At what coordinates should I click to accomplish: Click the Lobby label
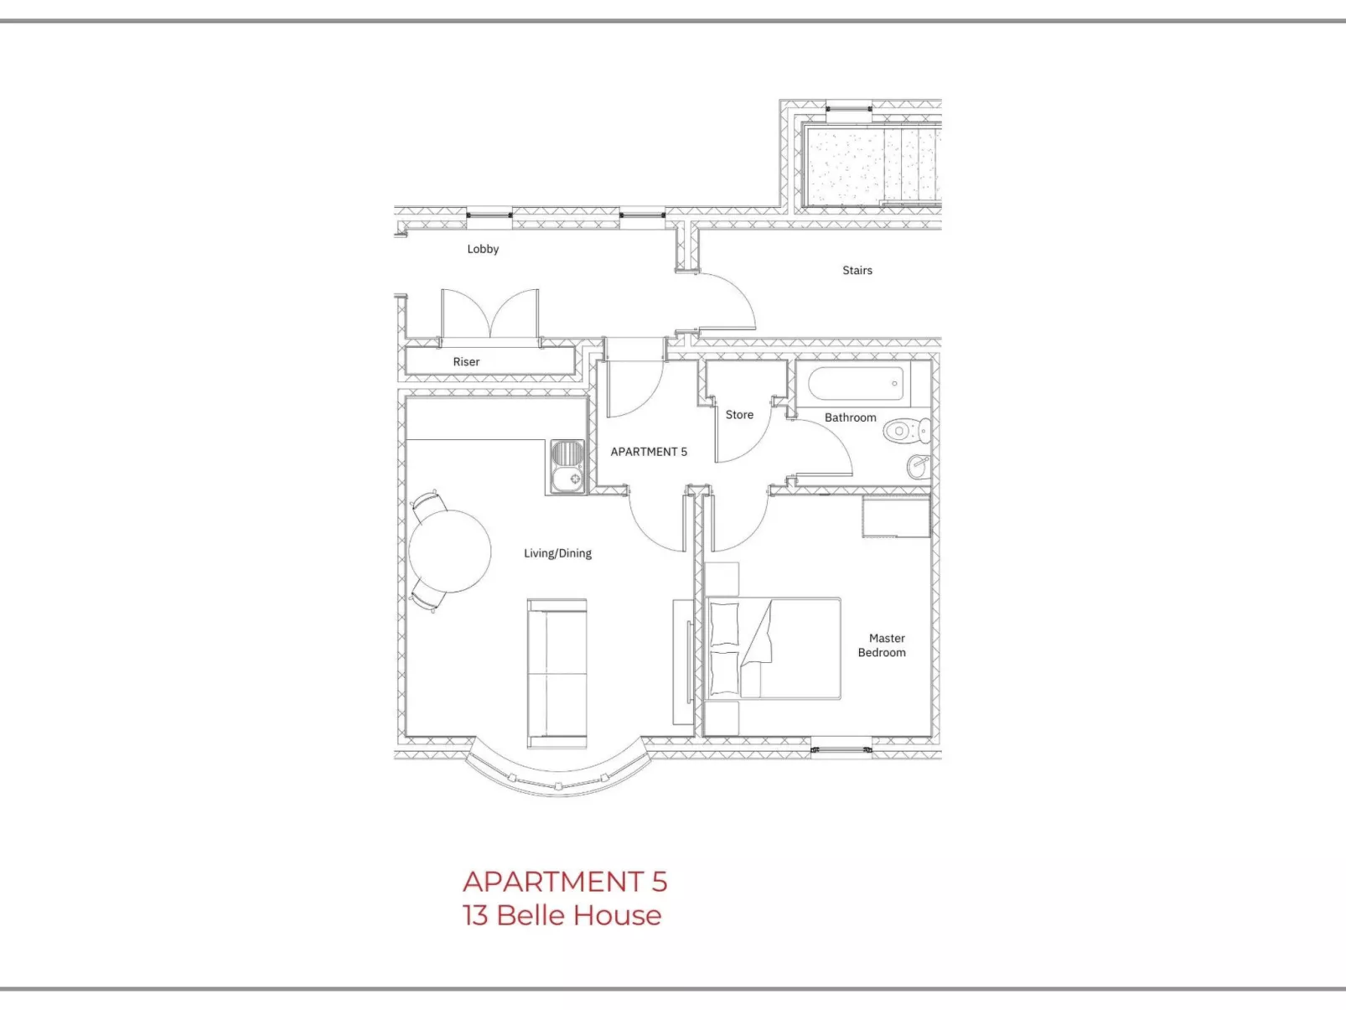pos(483,249)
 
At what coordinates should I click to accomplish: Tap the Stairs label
pos(857,270)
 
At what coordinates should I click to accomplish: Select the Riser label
pos(466,362)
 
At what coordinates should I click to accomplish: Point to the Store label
pos(739,415)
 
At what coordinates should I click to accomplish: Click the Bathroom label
pos(850,417)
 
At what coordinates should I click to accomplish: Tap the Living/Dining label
pos(557,553)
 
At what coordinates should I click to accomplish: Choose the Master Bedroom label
pos(883,645)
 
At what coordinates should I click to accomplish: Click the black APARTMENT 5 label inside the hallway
pos(649,452)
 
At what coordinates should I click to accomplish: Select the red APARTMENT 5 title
pos(564,882)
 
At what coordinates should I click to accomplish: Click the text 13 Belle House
pos(562,915)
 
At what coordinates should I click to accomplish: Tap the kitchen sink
pos(567,466)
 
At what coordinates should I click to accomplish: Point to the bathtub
pos(857,384)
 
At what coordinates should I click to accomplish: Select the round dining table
pos(449,552)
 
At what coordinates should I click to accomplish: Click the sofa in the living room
pos(557,672)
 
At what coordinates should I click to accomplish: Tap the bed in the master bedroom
pos(773,648)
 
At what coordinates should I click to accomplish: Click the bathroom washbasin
pos(919,465)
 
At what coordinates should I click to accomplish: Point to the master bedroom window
pos(841,748)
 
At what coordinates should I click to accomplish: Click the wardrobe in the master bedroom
pos(896,516)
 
